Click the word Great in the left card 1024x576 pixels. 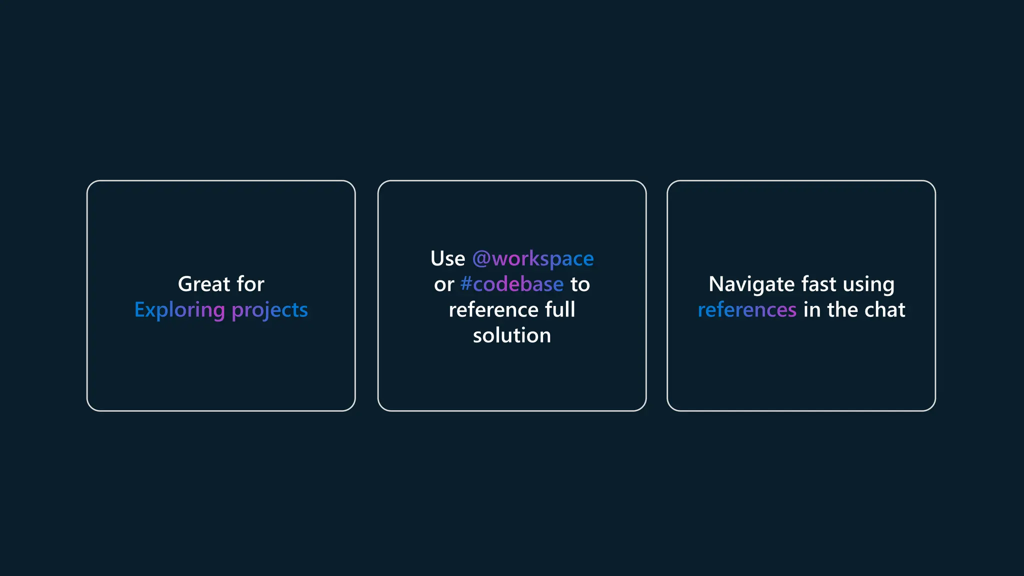tap(204, 284)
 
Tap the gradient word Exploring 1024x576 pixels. tap(179, 310)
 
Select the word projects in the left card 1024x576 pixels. tap(270, 310)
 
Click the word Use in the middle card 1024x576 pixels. tap(447, 259)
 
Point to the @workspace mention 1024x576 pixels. tap(533, 259)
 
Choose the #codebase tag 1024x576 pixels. tap(512, 284)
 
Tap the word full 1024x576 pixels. tap(560, 310)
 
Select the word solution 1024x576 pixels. tap(512, 335)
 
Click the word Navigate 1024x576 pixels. tap(751, 284)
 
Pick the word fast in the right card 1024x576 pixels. tap(818, 284)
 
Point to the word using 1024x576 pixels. tap(868, 284)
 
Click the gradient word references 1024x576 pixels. tap(747, 310)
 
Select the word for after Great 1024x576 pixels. tap(250, 284)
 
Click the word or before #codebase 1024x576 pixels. tap(444, 284)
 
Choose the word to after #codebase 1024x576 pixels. tap(580, 284)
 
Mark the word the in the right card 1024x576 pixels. tap(842, 310)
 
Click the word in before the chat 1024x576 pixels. tap(812, 310)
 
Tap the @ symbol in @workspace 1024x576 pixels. tap(481, 259)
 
